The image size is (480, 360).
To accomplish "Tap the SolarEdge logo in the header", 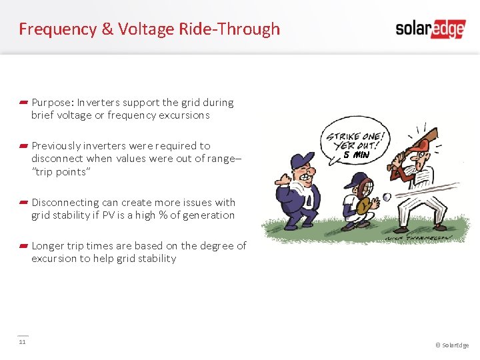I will (x=429, y=29).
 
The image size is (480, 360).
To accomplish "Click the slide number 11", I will (x=22, y=342).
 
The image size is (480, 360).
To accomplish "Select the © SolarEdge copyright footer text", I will (x=451, y=345).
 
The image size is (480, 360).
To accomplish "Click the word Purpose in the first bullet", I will (x=51, y=103).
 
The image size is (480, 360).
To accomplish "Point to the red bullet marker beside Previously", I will (x=23, y=145).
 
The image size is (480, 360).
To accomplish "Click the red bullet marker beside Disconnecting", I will (x=23, y=202).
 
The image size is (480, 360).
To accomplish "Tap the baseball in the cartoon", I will (x=387, y=197).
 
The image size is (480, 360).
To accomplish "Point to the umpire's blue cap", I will (x=302, y=161).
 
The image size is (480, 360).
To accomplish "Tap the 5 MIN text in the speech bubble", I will (x=361, y=155).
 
